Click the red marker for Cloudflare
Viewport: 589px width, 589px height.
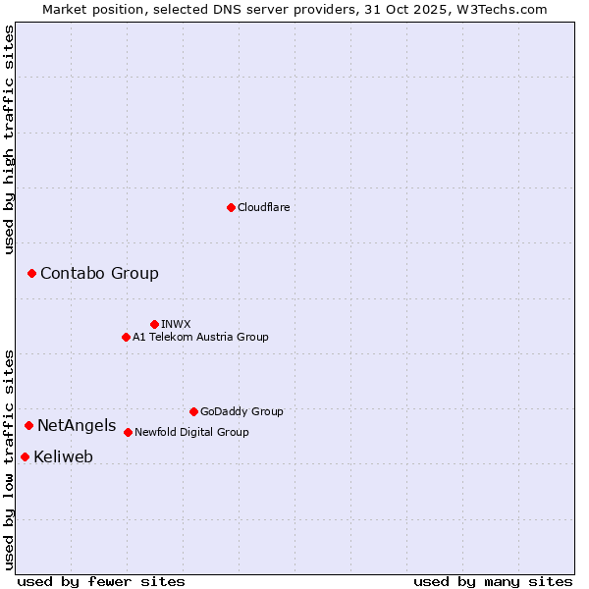click(x=231, y=207)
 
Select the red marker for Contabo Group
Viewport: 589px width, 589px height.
click(x=31, y=273)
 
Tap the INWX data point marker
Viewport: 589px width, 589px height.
click(x=154, y=324)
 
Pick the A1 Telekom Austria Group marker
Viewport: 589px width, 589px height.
click(x=126, y=337)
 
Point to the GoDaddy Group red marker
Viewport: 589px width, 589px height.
click(x=193, y=411)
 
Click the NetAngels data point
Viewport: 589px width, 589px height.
click(x=28, y=425)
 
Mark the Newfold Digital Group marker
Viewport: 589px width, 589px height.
click(x=128, y=432)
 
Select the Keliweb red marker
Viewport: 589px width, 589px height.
click(x=25, y=456)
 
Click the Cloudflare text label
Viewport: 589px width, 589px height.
click(x=263, y=207)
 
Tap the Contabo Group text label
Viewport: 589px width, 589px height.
click(x=99, y=274)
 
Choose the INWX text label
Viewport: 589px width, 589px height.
click(x=176, y=324)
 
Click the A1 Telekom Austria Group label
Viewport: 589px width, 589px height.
click(x=200, y=337)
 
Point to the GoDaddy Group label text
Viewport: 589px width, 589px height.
click(x=241, y=411)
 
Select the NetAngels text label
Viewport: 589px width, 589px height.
click(x=77, y=426)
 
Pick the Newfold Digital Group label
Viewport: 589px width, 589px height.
click(x=191, y=432)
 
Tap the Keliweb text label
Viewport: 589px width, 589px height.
click(x=63, y=457)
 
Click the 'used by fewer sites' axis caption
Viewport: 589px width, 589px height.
click(x=101, y=581)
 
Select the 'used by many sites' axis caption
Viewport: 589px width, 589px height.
click(x=493, y=581)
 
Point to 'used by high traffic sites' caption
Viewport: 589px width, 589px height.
click(x=9, y=139)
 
